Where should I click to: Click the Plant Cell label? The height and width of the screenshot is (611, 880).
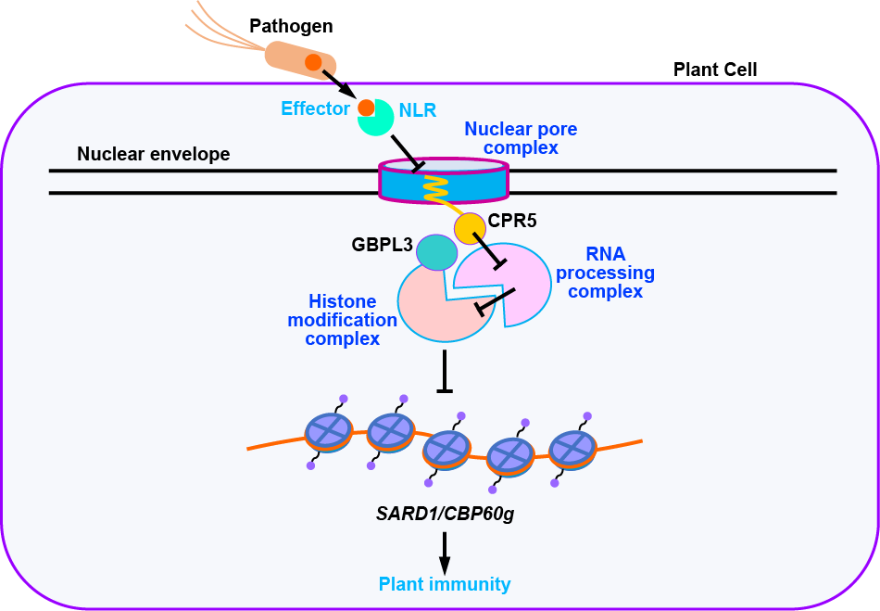pos(715,70)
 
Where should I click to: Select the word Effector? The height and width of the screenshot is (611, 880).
pos(315,108)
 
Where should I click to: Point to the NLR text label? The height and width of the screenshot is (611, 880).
pos(418,109)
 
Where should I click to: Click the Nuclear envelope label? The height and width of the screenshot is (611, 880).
pos(153,154)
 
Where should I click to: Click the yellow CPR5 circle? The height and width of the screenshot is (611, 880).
pos(470,227)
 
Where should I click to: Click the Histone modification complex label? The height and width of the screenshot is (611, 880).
pos(343,321)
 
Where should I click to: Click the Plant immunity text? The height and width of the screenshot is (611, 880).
pos(444,584)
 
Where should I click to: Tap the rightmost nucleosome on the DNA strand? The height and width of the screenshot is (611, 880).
pos(572,449)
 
